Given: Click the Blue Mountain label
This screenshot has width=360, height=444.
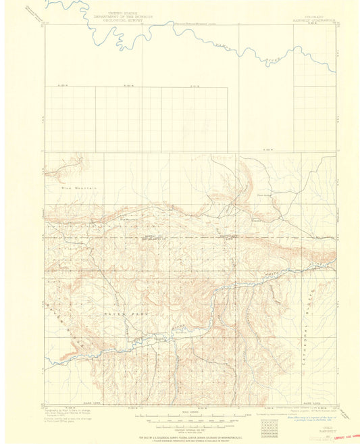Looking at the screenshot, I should tap(74, 187).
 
